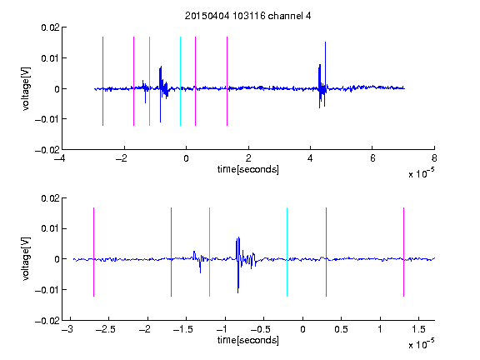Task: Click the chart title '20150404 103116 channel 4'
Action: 247,16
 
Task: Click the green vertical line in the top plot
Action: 149,81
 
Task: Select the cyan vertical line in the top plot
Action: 180,81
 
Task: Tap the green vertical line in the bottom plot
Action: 209,252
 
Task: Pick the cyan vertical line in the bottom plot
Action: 287,252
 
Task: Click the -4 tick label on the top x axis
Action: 59,158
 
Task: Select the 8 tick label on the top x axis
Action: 434,158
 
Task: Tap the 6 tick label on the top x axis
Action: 372,158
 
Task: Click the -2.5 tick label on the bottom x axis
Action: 105,329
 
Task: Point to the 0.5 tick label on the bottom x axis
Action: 341,329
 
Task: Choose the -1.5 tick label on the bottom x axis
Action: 182,329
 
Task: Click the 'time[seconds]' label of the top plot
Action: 248,169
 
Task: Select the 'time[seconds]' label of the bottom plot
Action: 248,340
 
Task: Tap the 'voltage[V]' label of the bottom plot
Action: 27,259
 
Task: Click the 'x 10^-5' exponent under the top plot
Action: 421,173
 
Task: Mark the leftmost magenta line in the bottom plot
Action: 93,252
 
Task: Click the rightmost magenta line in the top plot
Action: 227,81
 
